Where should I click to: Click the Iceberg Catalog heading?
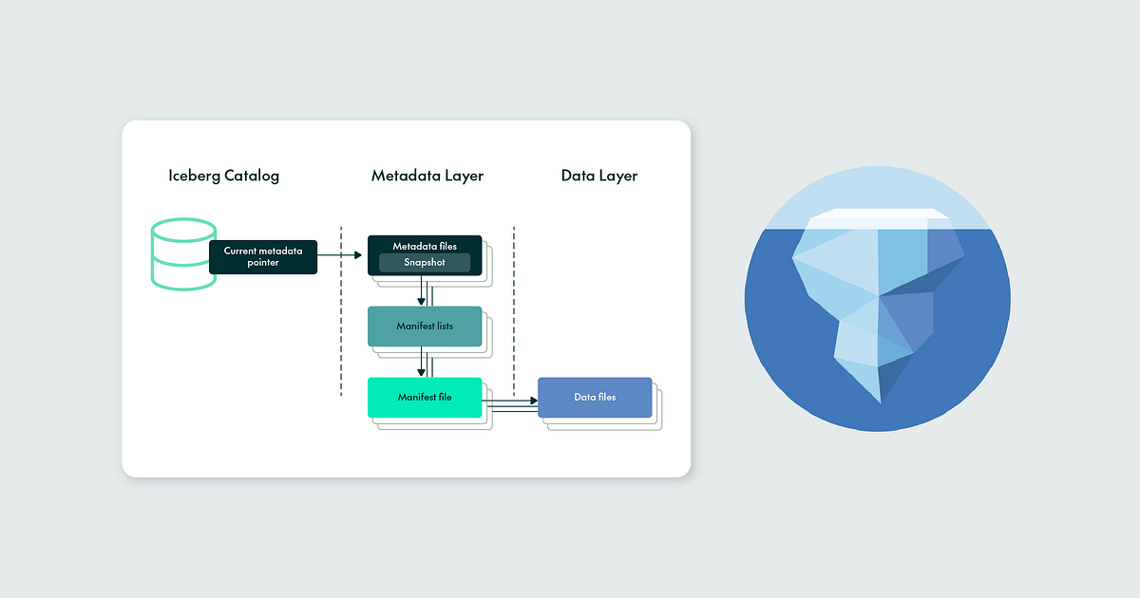(x=223, y=176)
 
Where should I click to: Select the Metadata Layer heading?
(x=427, y=176)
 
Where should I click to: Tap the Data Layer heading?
(x=598, y=176)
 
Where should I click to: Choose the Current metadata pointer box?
(x=263, y=256)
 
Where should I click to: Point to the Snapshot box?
(x=425, y=263)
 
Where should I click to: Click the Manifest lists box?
(x=425, y=327)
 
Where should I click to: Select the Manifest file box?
(x=425, y=398)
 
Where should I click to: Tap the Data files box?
(x=595, y=398)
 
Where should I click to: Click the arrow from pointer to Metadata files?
(x=342, y=254)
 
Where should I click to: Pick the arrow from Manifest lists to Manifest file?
(x=421, y=362)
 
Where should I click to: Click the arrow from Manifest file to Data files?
(x=510, y=402)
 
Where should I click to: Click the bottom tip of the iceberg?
(x=881, y=399)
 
